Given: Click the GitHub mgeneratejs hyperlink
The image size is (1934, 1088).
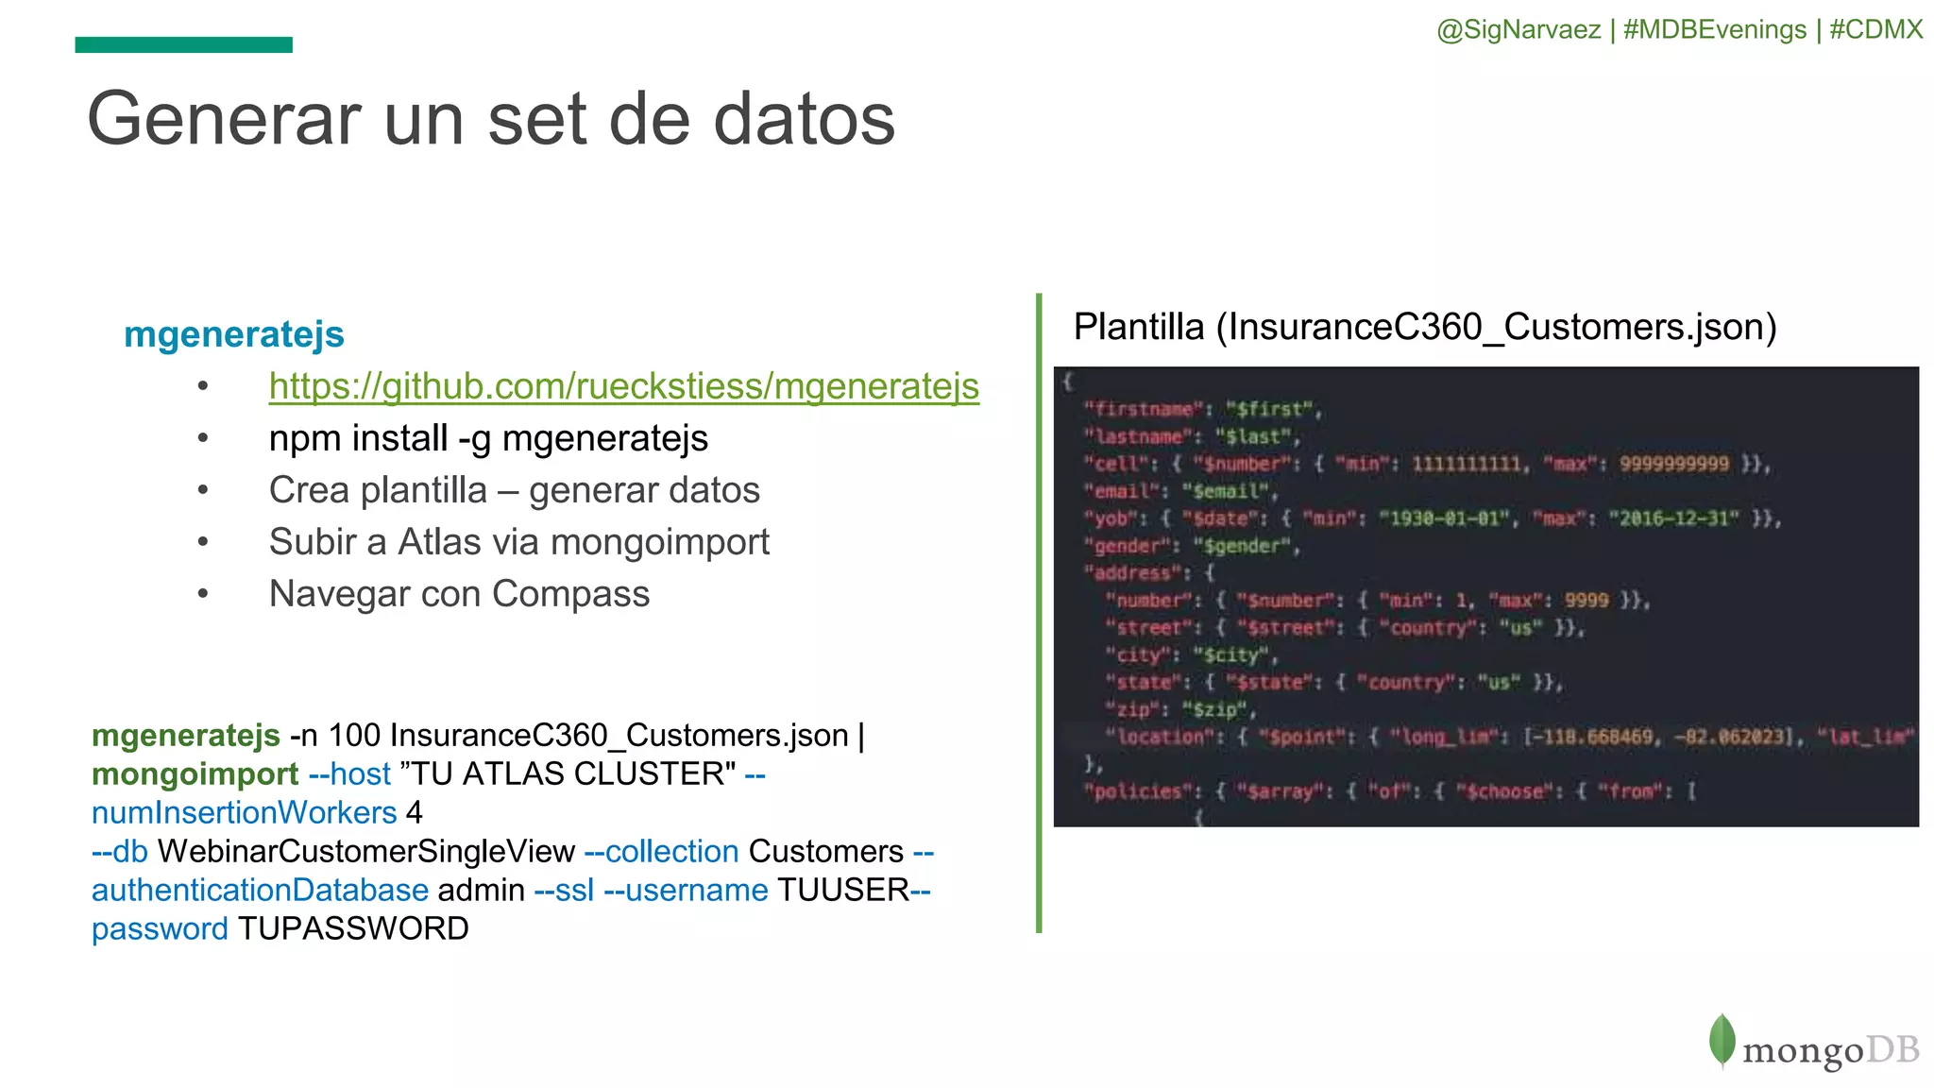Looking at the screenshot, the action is (x=623, y=386).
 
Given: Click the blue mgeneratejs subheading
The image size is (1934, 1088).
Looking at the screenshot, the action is (x=233, y=334).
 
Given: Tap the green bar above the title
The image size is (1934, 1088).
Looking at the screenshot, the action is (x=183, y=44).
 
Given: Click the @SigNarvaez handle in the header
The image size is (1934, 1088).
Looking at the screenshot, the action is (x=1518, y=29).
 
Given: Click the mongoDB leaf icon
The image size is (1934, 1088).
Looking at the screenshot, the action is (x=1722, y=1041).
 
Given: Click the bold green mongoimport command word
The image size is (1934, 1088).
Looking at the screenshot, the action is (x=195, y=774).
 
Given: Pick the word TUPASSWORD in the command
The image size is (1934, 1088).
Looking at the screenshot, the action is (x=353, y=929).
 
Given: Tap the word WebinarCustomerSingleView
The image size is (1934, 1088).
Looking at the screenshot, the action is (x=365, y=852).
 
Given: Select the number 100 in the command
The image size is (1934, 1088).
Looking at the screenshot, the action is (x=354, y=736).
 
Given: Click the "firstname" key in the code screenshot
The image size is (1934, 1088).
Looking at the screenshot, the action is (x=1144, y=409).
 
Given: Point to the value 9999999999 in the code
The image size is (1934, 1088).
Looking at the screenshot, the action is (x=1673, y=464).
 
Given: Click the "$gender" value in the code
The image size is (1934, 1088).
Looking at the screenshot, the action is (x=1241, y=546).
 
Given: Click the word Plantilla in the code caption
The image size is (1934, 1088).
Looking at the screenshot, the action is (x=1139, y=327).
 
